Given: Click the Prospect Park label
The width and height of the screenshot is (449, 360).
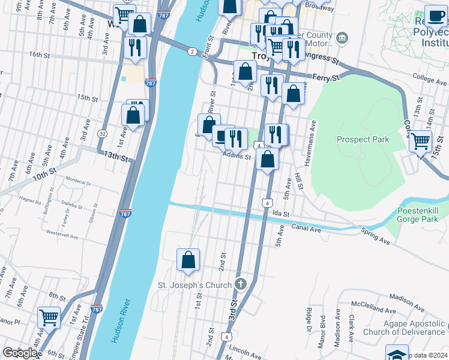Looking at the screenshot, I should point(363,139).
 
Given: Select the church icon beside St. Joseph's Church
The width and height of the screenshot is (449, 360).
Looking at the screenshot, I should point(241,284).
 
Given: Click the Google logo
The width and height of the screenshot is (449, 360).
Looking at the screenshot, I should point(20,353).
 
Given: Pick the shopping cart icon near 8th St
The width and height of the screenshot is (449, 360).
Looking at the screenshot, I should point(49,317).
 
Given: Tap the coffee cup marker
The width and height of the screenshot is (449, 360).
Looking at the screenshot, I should point(435,16).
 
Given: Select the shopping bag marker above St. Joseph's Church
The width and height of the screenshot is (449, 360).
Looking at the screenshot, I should point(188,259).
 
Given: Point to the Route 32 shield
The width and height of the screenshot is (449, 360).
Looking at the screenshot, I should point(103,134).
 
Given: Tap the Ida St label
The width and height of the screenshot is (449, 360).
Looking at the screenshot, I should point(281,214).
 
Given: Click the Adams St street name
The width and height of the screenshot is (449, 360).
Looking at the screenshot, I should point(237,157).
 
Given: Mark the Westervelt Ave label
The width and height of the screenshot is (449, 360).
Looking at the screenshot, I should point(62,236).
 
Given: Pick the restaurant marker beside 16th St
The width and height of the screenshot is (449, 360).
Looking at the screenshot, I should point(134,47).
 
